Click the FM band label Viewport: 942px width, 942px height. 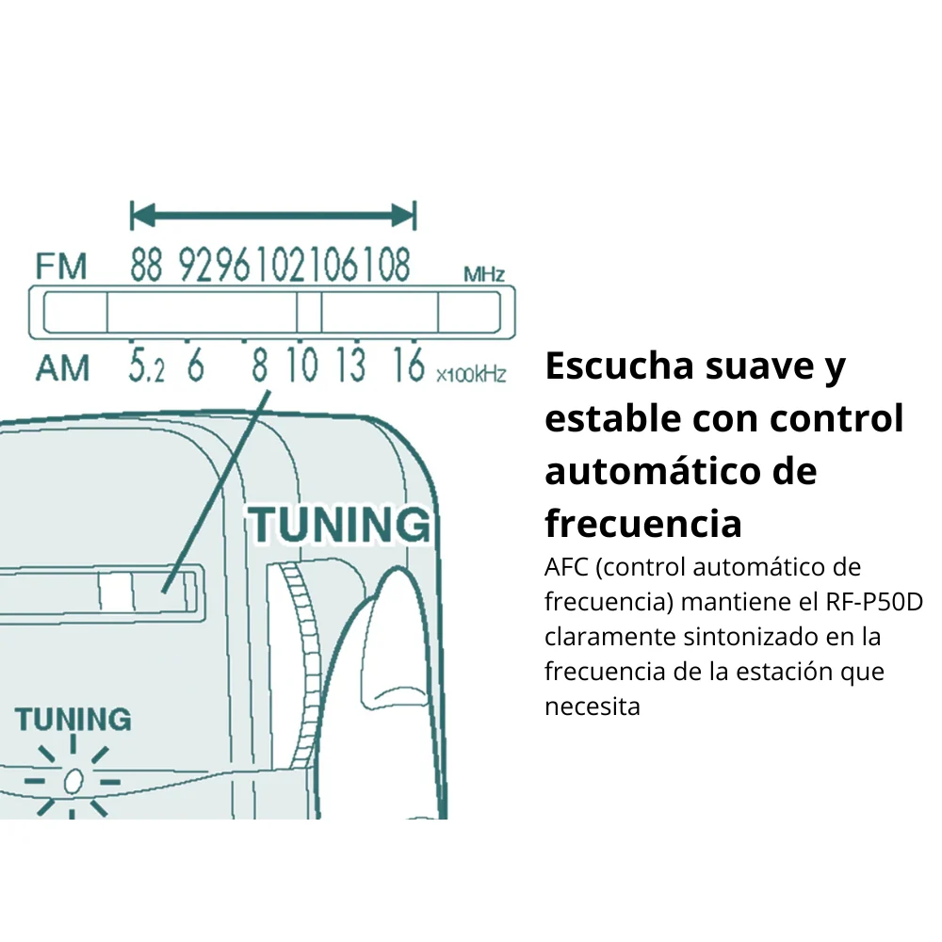[61, 267]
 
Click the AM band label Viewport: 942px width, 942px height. [62, 367]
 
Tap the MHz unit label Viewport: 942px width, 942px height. [483, 274]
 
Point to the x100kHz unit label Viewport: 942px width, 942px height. [471, 375]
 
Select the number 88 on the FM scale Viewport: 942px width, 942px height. [147, 265]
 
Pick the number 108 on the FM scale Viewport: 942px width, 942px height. [386, 265]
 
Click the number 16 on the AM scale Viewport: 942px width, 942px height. [409, 364]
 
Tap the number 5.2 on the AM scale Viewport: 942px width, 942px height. [146, 365]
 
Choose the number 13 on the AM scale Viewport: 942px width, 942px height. [350, 364]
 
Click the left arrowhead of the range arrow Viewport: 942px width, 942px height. [143, 215]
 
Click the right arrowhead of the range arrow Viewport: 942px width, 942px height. [402, 215]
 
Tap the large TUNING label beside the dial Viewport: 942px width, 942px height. [340, 525]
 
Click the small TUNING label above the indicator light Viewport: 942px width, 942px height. [73, 719]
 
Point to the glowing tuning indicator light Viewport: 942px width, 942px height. [73, 781]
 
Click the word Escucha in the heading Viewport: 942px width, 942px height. [620, 365]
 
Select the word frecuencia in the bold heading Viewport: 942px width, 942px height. [643, 523]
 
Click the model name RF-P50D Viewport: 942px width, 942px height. [874, 601]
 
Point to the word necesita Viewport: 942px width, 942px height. [593, 706]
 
